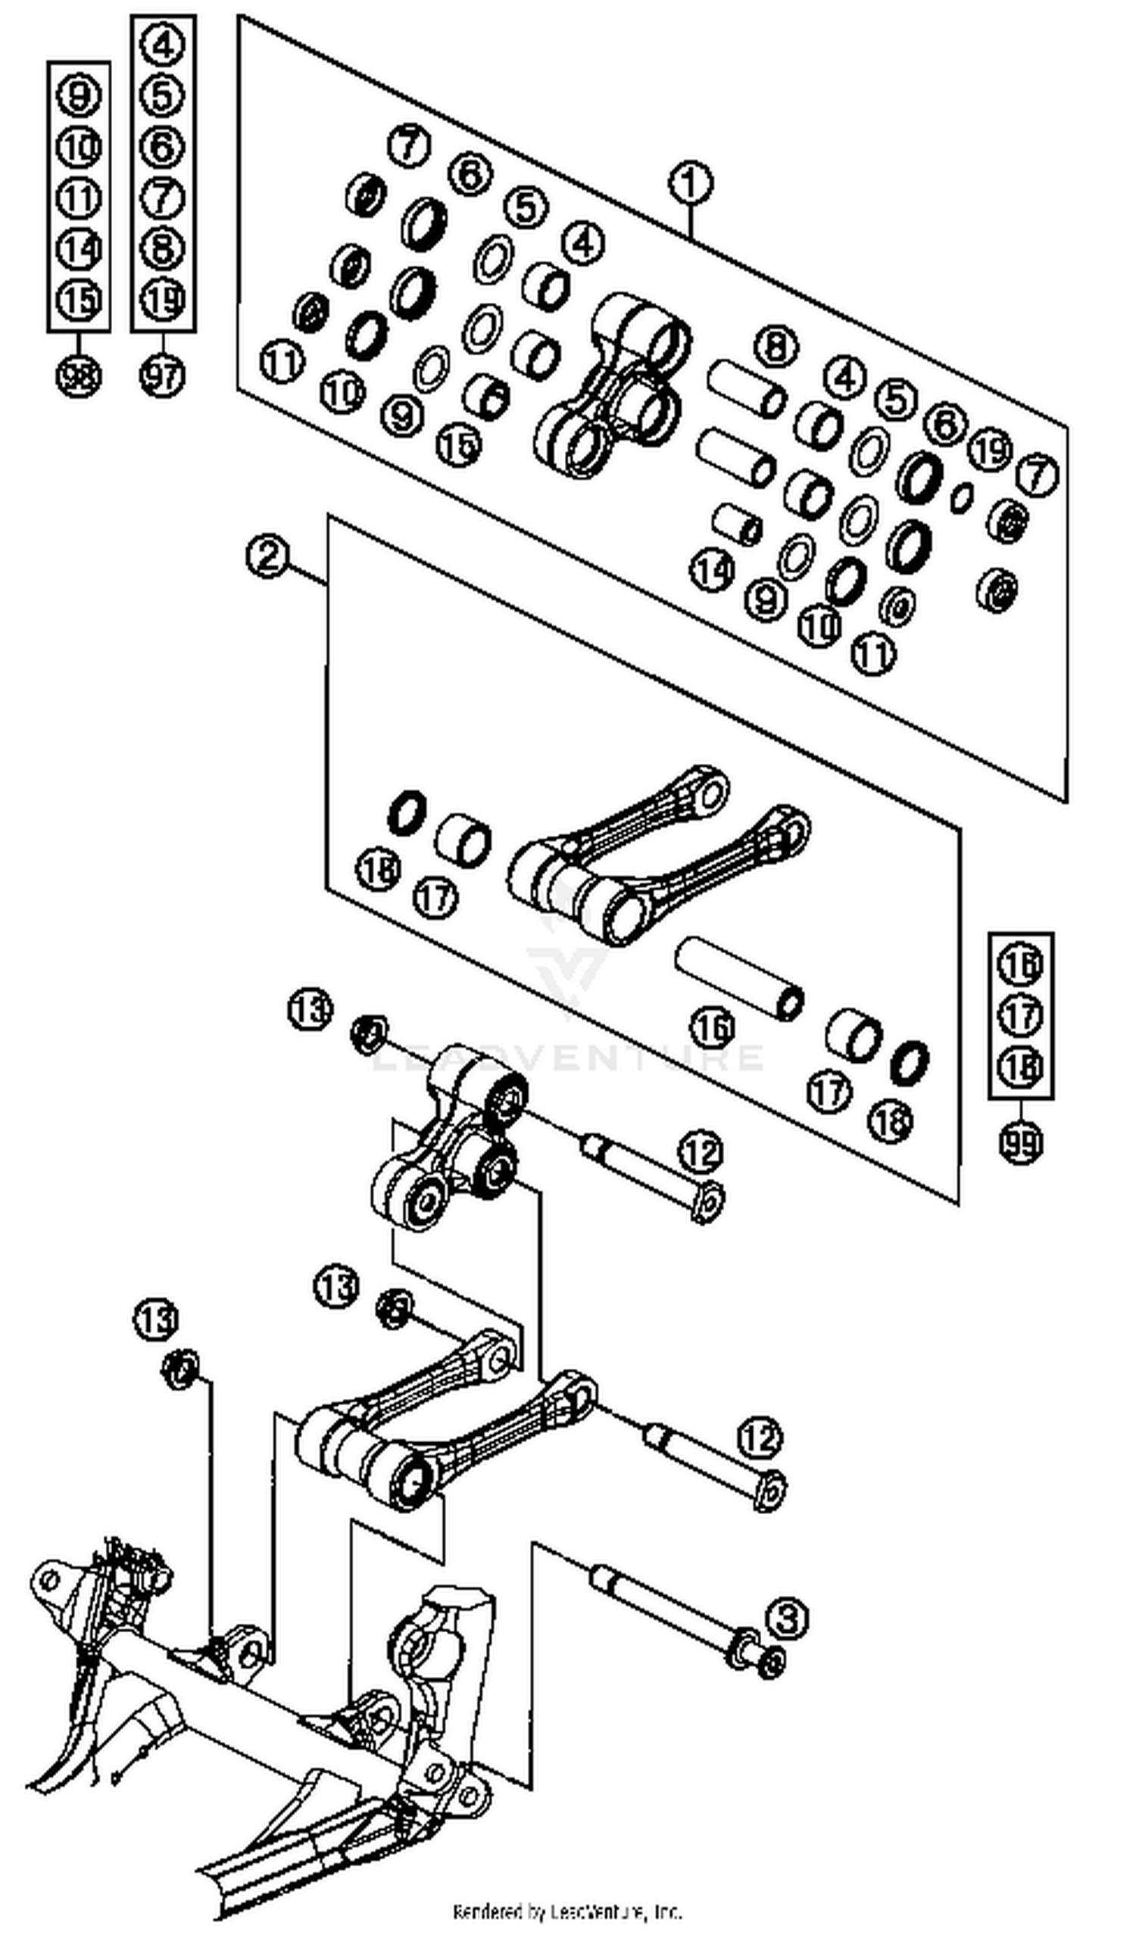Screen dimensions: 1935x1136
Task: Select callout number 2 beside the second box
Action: tap(268, 556)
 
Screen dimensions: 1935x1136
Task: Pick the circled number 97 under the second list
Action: tap(162, 376)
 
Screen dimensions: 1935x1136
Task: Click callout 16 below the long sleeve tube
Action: tap(712, 1027)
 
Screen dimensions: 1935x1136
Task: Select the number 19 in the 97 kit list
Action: tap(162, 300)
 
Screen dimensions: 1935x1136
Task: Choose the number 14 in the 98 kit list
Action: tap(78, 249)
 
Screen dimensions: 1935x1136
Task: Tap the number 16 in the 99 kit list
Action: tap(1021, 965)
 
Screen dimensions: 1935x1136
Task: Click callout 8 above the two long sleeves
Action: tap(776, 346)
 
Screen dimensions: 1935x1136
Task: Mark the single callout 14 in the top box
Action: tap(711, 571)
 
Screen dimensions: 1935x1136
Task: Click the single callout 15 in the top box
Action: tap(458, 444)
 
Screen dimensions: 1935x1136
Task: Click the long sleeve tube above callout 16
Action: tap(739, 978)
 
